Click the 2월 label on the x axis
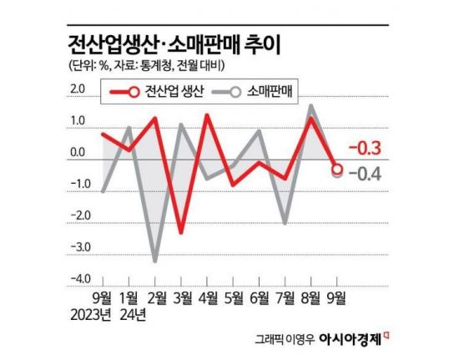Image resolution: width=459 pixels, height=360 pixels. pyautogui.click(x=155, y=298)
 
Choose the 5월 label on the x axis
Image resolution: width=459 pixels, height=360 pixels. pyautogui.click(x=234, y=298)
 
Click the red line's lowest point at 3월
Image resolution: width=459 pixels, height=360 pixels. pyautogui.click(x=181, y=231)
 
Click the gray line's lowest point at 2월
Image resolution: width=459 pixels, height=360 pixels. pyautogui.click(x=155, y=261)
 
